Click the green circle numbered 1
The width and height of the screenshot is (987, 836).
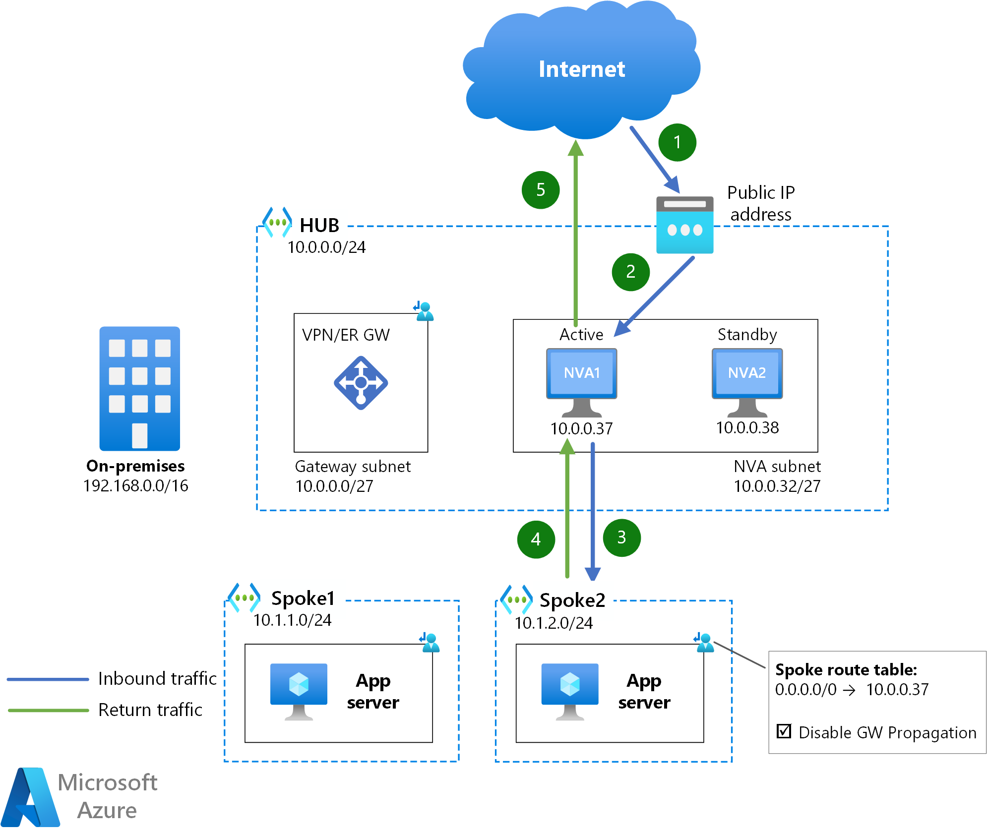677,142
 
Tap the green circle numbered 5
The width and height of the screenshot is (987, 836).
541,190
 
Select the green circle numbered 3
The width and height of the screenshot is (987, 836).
621,537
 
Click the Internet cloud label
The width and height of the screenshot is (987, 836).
582,69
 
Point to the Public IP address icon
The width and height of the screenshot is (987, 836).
685,225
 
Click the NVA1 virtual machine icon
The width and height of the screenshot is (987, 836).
582,382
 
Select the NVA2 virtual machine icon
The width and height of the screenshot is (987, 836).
747,382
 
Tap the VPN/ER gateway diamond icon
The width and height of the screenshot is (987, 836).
361,383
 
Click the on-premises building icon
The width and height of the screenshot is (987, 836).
139,388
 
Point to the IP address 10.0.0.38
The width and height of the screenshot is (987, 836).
747,427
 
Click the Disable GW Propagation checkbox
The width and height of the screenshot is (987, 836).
784,731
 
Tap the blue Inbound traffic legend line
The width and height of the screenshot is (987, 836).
48,679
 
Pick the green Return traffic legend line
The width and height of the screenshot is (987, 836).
48,711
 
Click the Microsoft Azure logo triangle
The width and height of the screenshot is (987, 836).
30,797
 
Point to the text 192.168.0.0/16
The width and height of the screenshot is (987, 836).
136,485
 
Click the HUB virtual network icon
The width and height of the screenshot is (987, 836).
277,222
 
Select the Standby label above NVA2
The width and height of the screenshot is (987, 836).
747,335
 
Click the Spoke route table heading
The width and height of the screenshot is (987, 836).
846,670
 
